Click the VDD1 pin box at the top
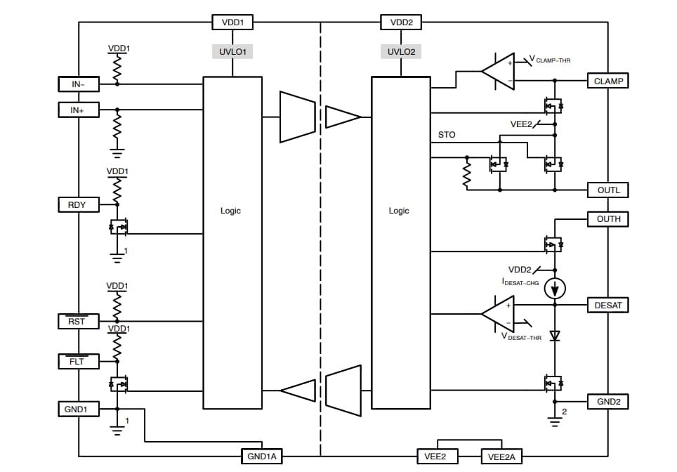[x=233, y=22]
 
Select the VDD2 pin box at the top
[x=401, y=22]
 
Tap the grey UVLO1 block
[x=232, y=52]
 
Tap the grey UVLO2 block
[x=401, y=52]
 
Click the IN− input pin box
[x=78, y=84]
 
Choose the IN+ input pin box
[x=78, y=110]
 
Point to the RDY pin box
[x=78, y=204]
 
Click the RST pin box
[x=78, y=321]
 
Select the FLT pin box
[x=78, y=362]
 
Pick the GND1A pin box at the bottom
[x=261, y=457]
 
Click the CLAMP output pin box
[x=608, y=81]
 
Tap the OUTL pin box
[x=608, y=190]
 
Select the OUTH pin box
[x=608, y=219]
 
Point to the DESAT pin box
[x=608, y=305]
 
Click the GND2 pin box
[x=608, y=401]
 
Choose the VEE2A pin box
[x=502, y=457]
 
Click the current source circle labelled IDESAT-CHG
[x=555, y=289]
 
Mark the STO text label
[x=446, y=134]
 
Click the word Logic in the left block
[x=230, y=211]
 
